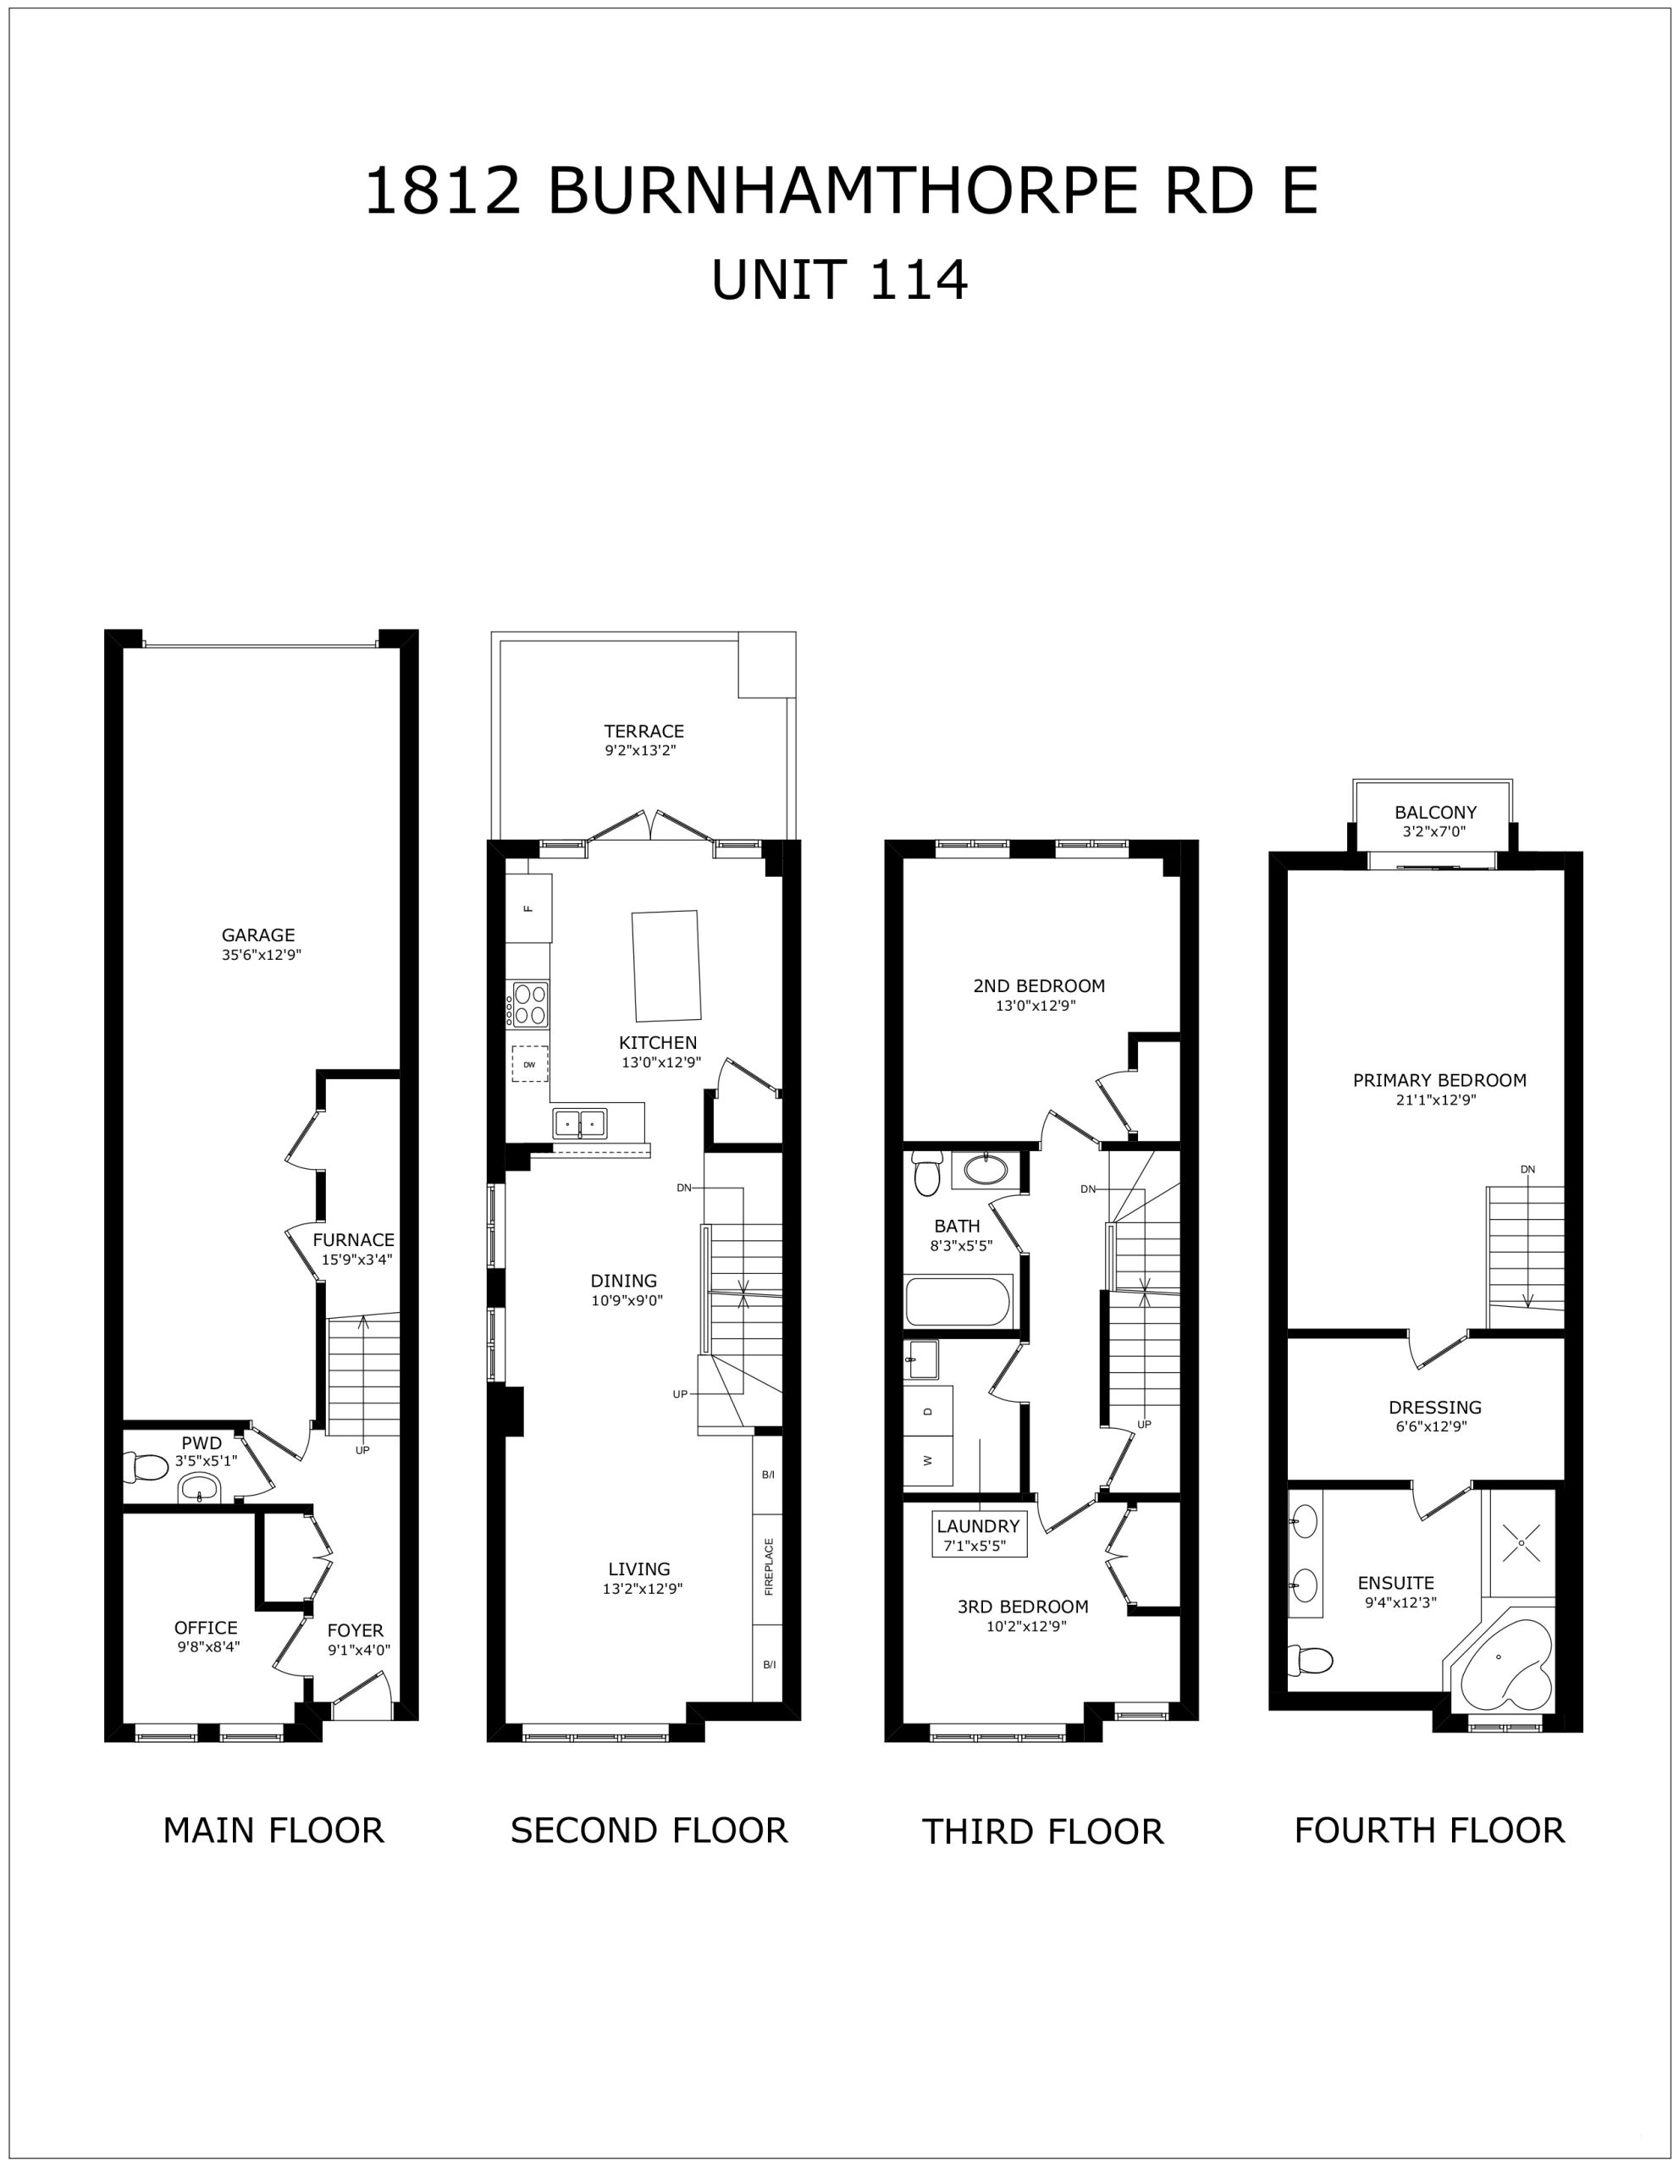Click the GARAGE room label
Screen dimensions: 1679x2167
click(258, 935)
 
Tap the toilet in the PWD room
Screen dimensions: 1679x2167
click(146, 1465)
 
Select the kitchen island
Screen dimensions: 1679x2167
click(667, 966)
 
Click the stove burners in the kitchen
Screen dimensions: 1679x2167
click(530, 1003)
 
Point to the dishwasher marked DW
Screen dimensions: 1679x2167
click(530, 1064)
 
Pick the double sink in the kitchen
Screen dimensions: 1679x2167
click(579, 1124)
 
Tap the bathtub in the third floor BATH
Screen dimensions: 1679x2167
click(958, 1302)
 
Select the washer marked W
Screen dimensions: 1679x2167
click(928, 1459)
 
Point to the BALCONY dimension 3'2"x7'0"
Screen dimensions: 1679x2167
click(1434, 832)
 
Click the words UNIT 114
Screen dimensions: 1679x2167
click(840, 280)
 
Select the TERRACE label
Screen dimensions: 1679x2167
click(644, 731)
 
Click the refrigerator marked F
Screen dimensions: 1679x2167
click(529, 908)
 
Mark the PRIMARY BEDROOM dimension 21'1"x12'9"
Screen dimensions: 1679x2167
click(1439, 1100)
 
